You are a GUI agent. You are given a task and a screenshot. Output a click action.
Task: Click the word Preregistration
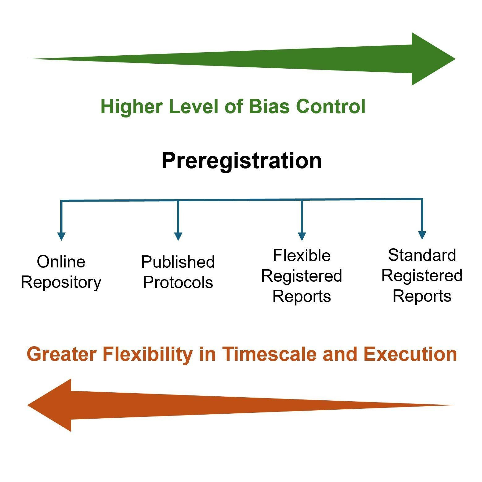241,161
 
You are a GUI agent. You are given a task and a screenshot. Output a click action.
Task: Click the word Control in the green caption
331,106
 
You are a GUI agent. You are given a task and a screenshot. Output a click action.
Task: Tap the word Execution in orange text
410,354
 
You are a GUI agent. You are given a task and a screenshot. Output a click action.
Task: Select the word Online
61,262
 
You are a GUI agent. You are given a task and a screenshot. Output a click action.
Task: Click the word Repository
61,282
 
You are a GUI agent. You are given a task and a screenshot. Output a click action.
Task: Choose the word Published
178,262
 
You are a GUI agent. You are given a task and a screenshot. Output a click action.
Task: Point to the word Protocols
178,282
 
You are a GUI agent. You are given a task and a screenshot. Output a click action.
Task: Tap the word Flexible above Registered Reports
302,256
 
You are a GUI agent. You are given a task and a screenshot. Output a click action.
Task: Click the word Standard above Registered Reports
422,255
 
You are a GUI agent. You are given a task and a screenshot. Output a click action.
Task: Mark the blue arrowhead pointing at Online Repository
61,236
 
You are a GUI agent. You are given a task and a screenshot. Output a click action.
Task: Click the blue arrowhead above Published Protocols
178,236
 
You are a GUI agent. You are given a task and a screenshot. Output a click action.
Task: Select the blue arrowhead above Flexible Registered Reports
302,236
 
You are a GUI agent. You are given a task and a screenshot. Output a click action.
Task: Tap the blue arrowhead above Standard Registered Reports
422,235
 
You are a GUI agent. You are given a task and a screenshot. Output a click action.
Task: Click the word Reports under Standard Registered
422,296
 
